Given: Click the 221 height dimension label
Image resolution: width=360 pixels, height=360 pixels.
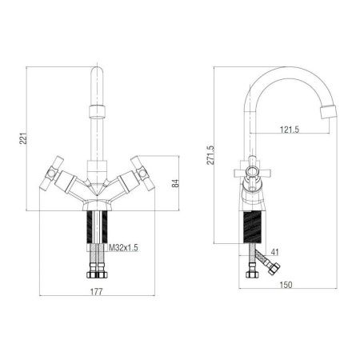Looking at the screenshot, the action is [24, 138].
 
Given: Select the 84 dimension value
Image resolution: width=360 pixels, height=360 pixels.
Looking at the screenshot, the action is [175, 183].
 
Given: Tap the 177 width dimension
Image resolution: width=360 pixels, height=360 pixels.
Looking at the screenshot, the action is [96, 292].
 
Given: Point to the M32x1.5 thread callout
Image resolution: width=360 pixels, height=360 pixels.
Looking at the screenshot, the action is [123, 248].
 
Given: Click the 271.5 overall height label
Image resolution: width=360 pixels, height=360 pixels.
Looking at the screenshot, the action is [210, 155].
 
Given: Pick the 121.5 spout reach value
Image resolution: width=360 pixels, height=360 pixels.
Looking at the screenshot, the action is [290, 130].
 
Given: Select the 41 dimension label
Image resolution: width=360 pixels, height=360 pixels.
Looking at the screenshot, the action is [274, 252].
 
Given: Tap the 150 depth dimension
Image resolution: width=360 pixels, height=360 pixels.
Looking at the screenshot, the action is [286, 285].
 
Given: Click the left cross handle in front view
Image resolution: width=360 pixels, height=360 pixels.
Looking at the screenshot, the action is [52, 174].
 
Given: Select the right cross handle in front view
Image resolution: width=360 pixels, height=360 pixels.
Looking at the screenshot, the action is [142, 174].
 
